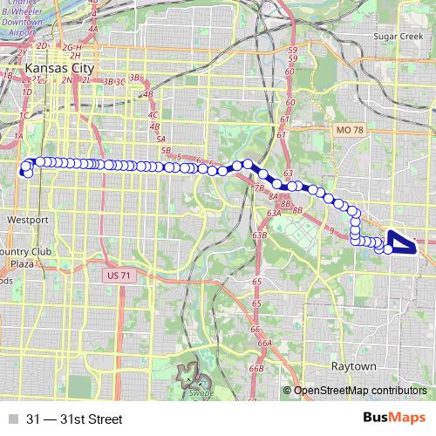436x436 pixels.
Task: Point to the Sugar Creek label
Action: click(x=397, y=38)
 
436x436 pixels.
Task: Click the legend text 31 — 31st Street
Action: click(x=74, y=419)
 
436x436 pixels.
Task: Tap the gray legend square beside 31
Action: click(x=11, y=419)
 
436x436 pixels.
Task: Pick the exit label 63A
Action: click(x=273, y=212)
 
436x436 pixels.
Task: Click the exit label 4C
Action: click(x=153, y=114)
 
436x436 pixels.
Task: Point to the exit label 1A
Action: click(x=17, y=136)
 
